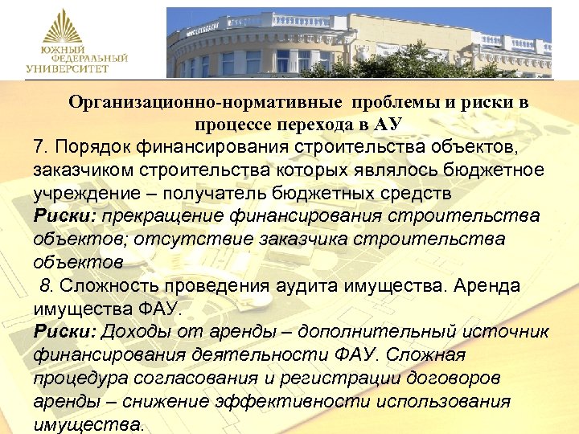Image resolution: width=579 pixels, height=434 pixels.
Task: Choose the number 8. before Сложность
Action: click(x=47, y=286)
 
